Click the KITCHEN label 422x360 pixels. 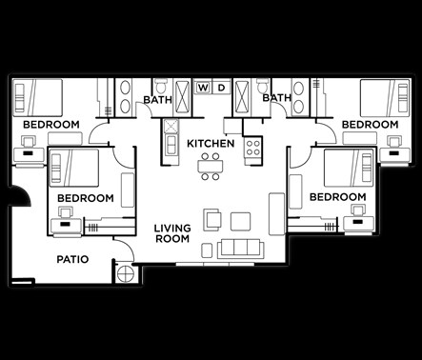(x=211, y=144)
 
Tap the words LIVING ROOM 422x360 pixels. (x=172, y=233)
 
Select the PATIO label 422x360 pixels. (x=73, y=258)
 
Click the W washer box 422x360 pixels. (x=203, y=89)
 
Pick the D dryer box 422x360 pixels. (x=220, y=89)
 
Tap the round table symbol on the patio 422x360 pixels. (x=125, y=275)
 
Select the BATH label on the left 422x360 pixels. (x=157, y=99)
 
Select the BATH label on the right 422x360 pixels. (x=276, y=98)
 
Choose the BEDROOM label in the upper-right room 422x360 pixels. (x=370, y=125)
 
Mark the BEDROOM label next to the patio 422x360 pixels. (x=85, y=198)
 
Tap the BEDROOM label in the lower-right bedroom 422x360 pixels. (x=338, y=197)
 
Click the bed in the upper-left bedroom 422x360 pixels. (x=39, y=97)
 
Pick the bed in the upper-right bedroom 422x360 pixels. (x=384, y=97)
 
